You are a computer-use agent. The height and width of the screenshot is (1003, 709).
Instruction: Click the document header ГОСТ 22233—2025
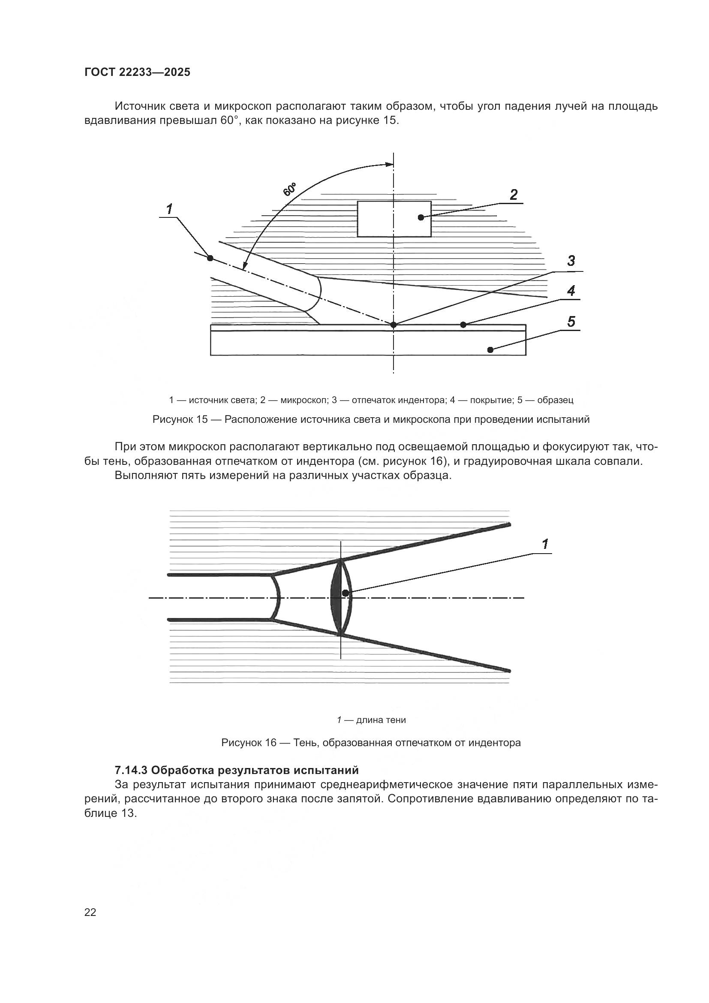[x=137, y=72]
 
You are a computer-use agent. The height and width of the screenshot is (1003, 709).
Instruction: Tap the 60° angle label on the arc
[x=289, y=190]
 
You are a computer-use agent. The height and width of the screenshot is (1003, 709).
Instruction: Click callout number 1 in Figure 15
[x=169, y=209]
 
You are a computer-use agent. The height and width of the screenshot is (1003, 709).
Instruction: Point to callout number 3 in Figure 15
[x=571, y=261]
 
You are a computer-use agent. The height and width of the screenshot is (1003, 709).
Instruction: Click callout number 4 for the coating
[x=571, y=291]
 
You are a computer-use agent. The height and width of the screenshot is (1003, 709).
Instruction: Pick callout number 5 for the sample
[x=571, y=322]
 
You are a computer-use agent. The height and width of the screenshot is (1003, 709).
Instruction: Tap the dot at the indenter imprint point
[x=394, y=325]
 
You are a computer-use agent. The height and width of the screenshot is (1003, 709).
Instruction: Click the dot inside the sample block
[x=490, y=349]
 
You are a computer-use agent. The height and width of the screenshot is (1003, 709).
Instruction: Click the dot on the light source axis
[x=210, y=258]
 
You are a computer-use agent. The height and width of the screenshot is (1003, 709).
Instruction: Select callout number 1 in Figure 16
[x=545, y=544]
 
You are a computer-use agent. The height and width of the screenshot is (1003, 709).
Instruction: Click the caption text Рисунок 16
[x=249, y=743]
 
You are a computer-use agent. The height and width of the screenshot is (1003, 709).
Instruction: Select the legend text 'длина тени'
[x=381, y=720]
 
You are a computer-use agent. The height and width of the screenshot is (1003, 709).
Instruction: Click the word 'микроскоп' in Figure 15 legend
[x=303, y=400]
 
